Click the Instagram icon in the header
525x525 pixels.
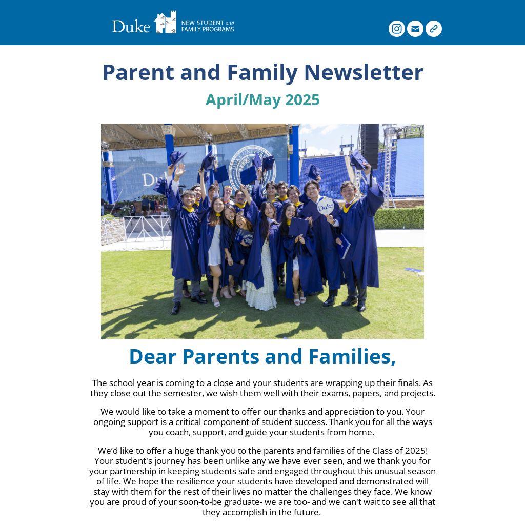coord(396,29)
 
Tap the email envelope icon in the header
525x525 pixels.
coord(415,29)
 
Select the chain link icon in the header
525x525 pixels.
coord(433,29)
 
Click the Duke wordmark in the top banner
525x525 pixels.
coord(131,26)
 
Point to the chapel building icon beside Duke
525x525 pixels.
coord(165,23)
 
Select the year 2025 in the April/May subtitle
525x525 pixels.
coord(302,100)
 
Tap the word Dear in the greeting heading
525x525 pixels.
coord(153,356)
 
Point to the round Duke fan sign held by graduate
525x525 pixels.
coord(325,207)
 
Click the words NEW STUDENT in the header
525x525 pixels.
coord(203,23)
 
